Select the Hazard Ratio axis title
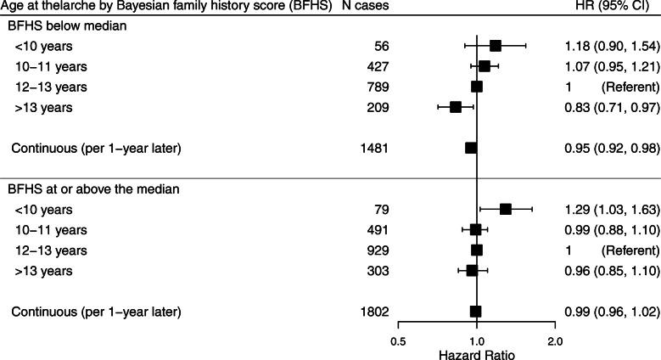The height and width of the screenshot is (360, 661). click(477, 355)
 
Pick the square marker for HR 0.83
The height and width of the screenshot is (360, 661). click(456, 107)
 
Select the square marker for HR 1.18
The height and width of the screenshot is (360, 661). click(496, 45)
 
